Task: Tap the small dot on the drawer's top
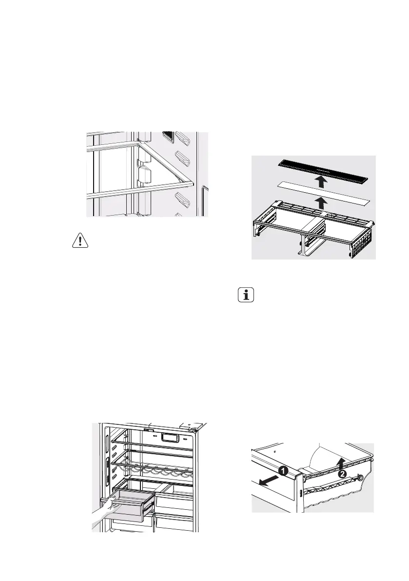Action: coord(275,452)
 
